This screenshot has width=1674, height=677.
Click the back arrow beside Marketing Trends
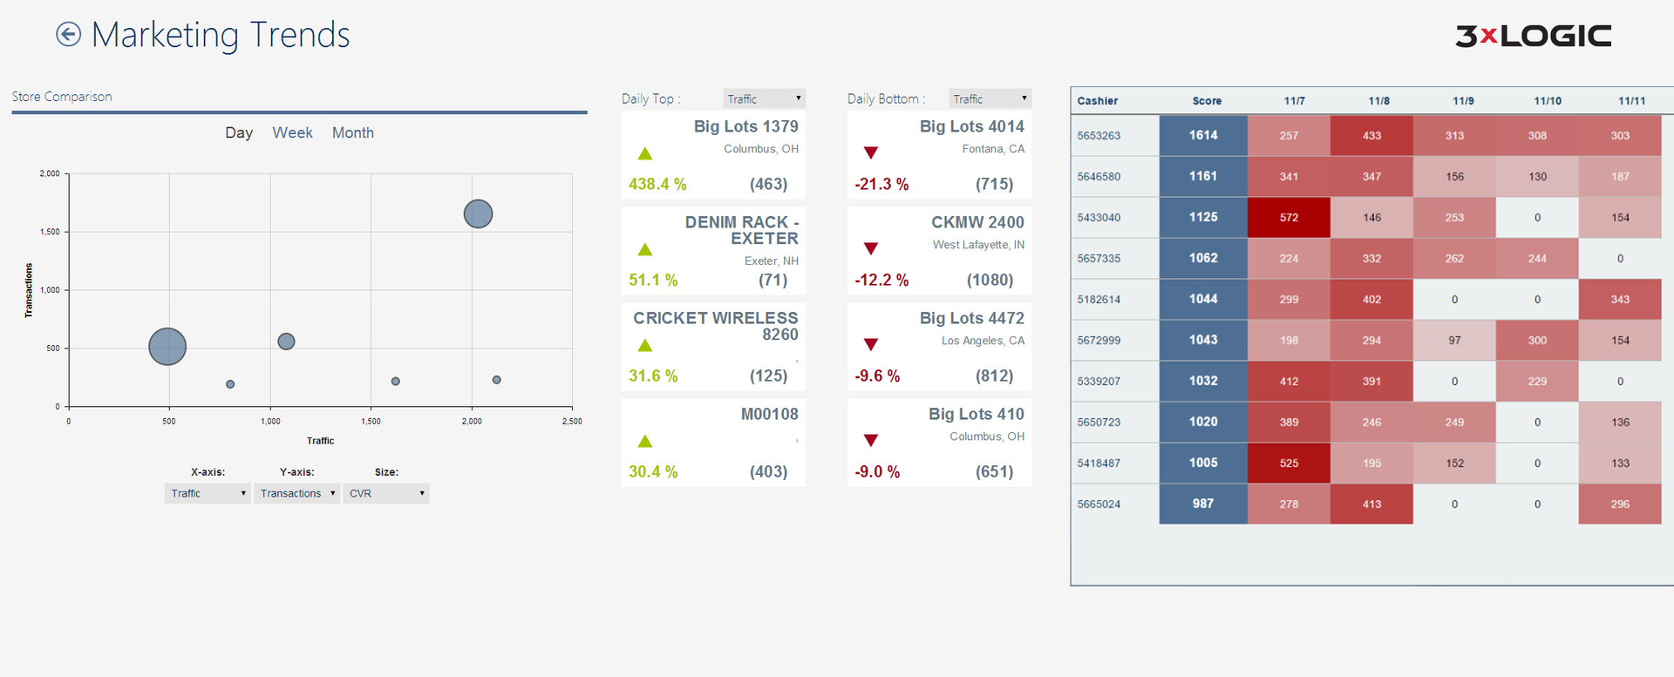point(68,35)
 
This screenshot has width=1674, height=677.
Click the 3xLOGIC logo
point(1533,36)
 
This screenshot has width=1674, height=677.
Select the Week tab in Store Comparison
point(292,132)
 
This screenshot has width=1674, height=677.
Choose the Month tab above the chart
point(352,132)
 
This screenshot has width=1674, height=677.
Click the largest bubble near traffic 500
point(167,346)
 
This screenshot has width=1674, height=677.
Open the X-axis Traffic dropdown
point(208,493)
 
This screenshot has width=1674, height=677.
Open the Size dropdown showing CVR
point(386,493)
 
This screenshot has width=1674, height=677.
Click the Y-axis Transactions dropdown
point(296,493)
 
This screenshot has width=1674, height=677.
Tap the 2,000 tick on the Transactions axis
point(50,173)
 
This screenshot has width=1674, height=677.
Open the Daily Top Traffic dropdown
point(764,98)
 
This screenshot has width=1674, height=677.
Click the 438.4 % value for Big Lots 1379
point(657,184)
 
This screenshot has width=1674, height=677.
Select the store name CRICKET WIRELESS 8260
point(716,326)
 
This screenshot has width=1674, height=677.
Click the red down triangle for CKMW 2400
point(870,249)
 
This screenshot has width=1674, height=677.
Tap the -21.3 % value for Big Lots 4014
point(881,184)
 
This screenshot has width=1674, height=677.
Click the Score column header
point(1207,101)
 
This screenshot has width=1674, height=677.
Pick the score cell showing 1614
point(1203,135)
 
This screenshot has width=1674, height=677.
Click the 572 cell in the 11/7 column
point(1289,217)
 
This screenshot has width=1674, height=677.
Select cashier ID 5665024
point(1099,504)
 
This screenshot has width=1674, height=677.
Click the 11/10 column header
point(1548,101)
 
